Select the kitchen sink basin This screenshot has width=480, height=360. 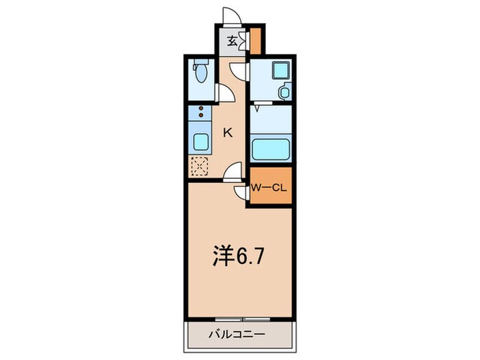point(200,142)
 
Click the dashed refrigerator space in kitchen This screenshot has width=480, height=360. point(199,165)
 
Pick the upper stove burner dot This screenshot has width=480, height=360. point(201,108)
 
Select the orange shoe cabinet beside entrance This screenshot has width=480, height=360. point(255,41)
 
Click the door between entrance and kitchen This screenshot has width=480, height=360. point(237,69)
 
